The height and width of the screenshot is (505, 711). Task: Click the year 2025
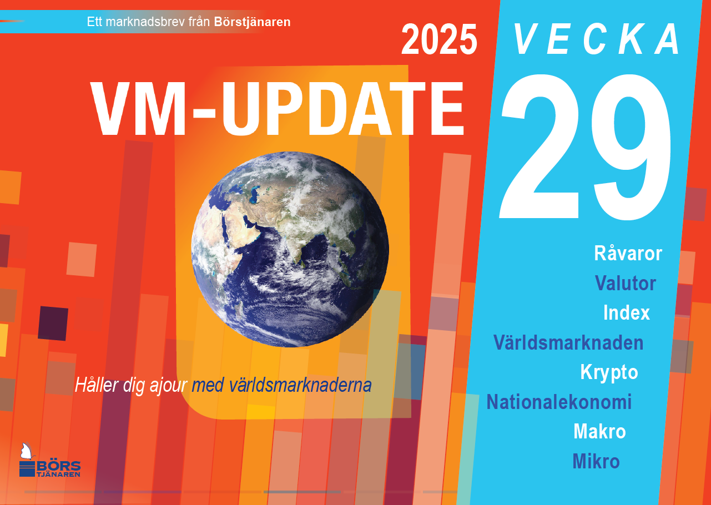click(439, 39)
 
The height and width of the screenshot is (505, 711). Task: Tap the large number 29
click(586, 147)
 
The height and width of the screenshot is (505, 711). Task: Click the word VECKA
click(596, 39)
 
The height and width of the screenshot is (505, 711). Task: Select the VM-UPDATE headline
click(278, 109)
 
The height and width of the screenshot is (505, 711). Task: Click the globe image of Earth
click(290, 249)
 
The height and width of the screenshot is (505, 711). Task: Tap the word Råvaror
click(628, 253)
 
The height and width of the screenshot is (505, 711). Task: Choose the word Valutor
click(626, 283)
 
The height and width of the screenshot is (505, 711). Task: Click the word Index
click(627, 312)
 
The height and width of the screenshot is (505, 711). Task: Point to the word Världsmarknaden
click(568, 342)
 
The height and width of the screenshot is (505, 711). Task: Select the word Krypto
click(609, 372)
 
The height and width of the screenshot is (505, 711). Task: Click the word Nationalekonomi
click(559, 402)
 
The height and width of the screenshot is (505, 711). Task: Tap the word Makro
click(599, 432)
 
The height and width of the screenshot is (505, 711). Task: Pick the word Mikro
click(596, 461)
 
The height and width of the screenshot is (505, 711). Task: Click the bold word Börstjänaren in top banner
click(253, 22)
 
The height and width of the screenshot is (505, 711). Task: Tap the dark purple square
click(53, 324)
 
